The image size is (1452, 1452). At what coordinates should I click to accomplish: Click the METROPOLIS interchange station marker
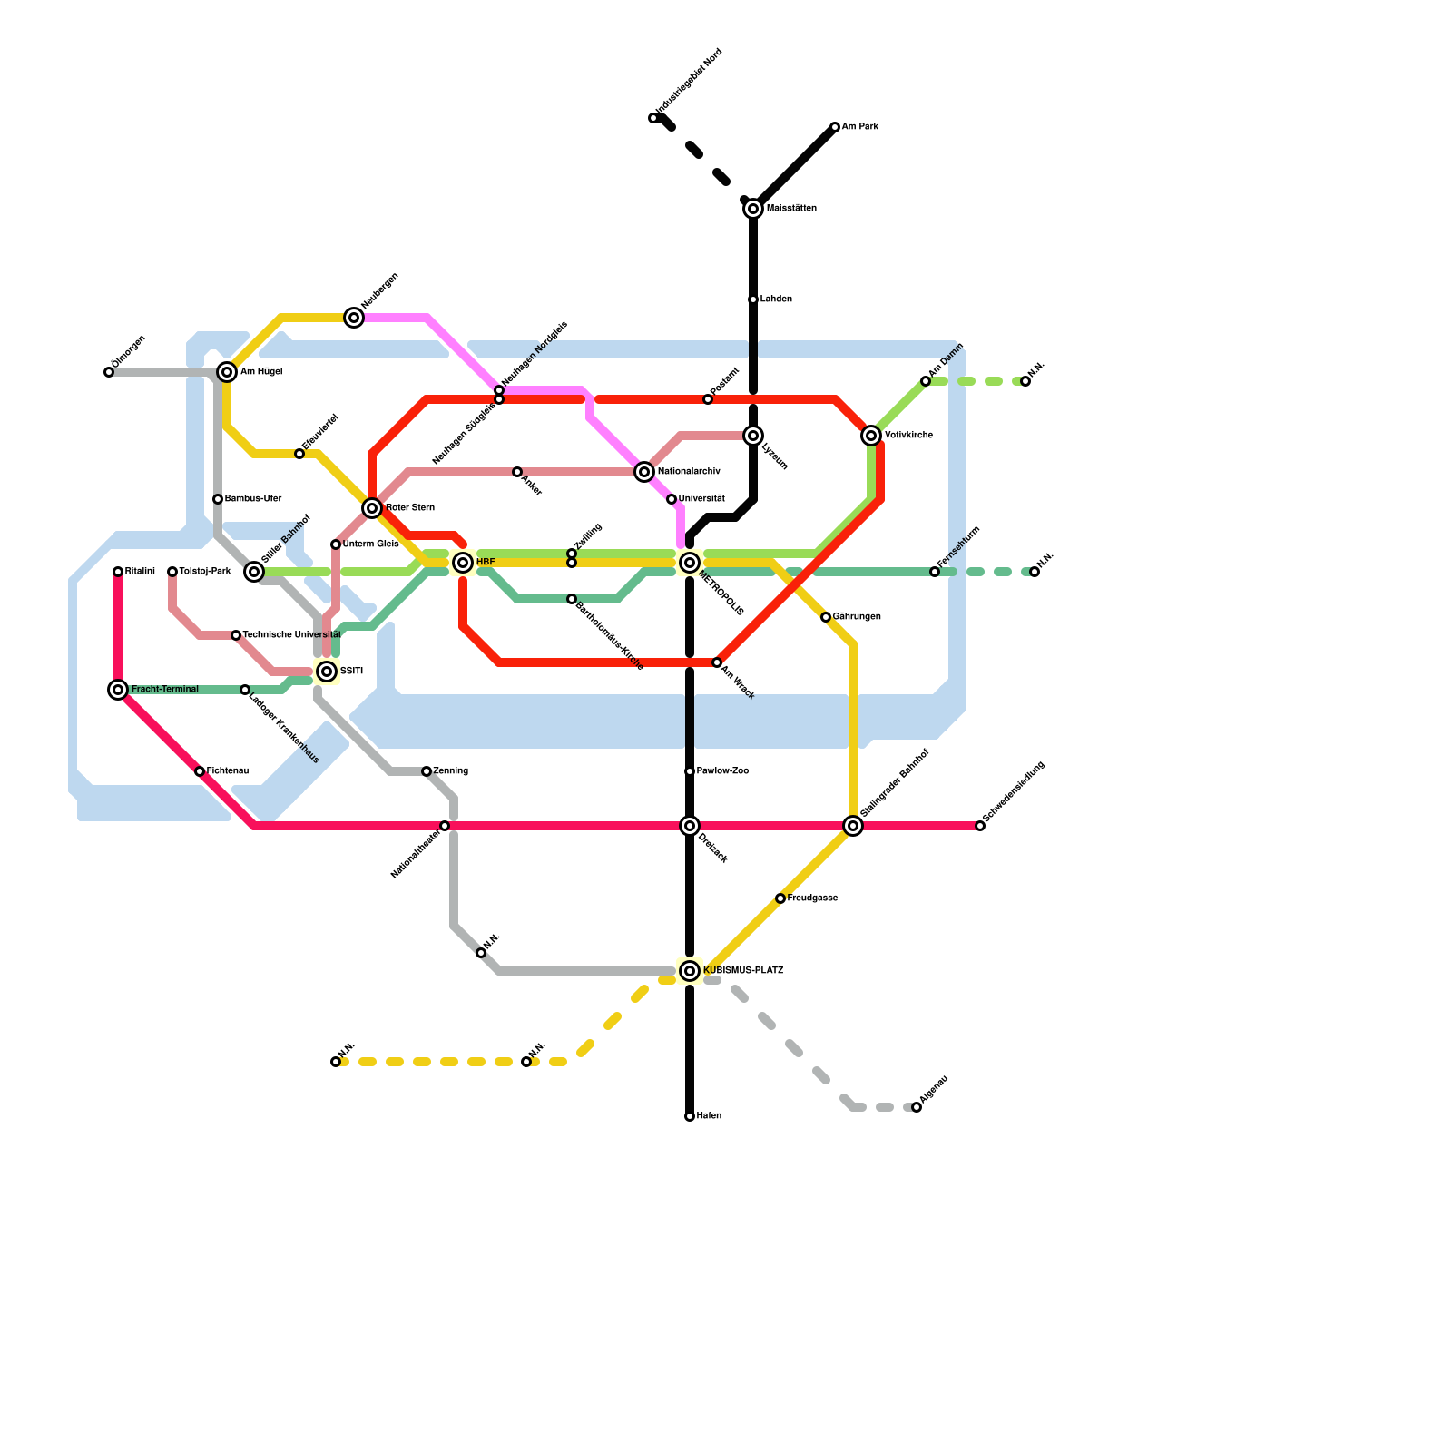coord(690,563)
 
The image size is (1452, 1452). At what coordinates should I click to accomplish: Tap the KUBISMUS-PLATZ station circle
coord(690,971)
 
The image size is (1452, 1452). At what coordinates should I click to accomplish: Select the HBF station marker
coord(463,563)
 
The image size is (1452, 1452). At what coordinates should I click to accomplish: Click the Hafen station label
coord(709,1116)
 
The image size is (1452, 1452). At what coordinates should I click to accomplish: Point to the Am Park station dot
coord(835,127)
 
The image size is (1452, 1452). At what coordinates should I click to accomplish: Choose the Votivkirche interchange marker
coord(871,436)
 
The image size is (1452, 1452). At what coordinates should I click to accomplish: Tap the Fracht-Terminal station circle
coord(118,690)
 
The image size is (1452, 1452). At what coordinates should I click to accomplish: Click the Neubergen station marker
coord(354,318)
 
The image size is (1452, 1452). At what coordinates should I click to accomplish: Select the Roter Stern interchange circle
coord(372,508)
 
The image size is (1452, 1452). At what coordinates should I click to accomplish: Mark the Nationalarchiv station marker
coord(644,472)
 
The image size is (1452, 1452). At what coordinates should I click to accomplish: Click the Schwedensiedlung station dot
coord(980,826)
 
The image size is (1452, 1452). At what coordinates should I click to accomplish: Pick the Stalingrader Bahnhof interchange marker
coord(853,826)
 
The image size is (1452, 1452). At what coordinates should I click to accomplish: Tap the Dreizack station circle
coord(690,826)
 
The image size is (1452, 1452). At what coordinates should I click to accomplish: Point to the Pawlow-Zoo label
coord(722,771)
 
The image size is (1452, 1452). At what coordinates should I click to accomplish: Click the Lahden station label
coord(776,299)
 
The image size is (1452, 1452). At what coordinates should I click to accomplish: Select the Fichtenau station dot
coord(200,771)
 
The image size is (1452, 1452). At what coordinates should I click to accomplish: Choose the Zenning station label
coord(450,771)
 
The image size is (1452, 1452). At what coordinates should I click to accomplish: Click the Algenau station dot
coord(917,1107)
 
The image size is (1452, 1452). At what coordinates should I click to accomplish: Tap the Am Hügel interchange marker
coord(227,372)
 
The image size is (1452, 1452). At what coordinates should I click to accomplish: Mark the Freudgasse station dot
coord(780,898)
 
